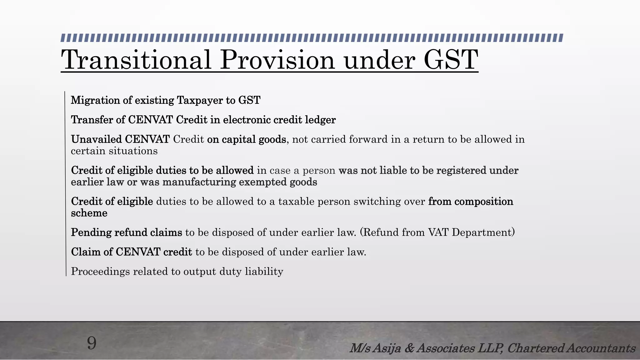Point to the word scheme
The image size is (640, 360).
click(x=89, y=213)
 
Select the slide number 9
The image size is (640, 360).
click(x=92, y=343)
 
